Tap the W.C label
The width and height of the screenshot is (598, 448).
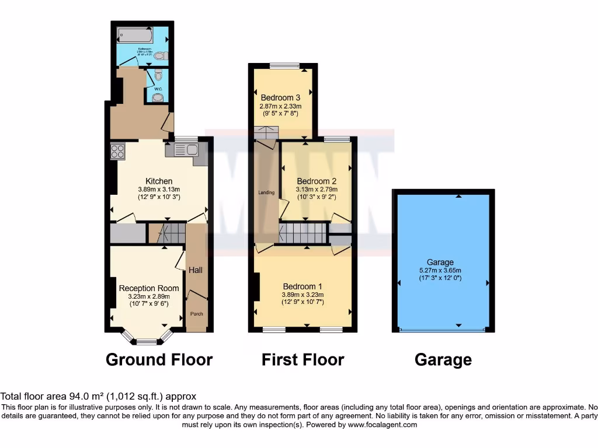pos(157,89)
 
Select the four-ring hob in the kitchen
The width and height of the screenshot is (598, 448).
pos(117,151)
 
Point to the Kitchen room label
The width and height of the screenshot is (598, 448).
pos(159,181)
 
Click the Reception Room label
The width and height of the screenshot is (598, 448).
pos(149,288)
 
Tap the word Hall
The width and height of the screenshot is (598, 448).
pos(196,270)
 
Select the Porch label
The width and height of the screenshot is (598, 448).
pos(197,314)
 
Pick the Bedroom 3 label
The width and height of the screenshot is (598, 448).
pos(280,97)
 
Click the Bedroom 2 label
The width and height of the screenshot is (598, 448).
pos(317,181)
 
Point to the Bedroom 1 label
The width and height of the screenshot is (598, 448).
pos(303,286)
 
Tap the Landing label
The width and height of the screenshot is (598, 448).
pos(266,192)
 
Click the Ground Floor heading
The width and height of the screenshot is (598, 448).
pos(159,359)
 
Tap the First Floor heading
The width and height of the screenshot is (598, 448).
pos(303,359)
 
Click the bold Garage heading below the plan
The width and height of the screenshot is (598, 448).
pos(443,359)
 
